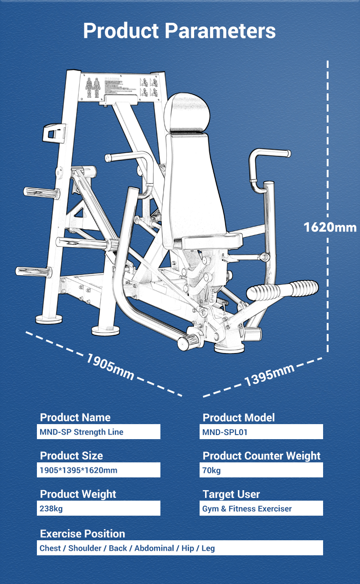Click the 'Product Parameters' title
(x=180, y=31)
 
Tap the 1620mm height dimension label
(x=330, y=227)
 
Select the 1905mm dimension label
(x=111, y=366)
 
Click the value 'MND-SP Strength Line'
(x=82, y=432)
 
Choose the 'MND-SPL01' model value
(x=225, y=432)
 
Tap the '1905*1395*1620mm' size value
(x=78, y=470)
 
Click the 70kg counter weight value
(x=211, y=470)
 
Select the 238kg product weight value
(x=51, y=508)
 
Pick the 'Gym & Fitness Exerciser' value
(x=247, y=508)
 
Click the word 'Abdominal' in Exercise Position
(x=154, y=548)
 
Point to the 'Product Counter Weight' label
(x=262, y=456)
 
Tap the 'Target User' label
(x=231, y=494)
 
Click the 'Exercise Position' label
(x=82, y=534)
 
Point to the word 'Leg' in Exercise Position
(x=208, y=548)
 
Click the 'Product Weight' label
(x=78, y=494)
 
